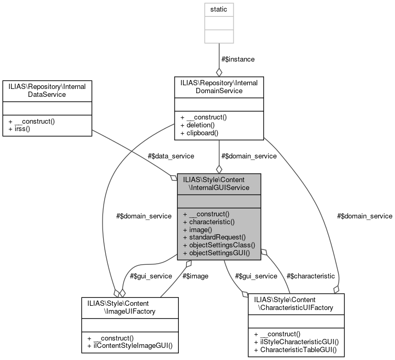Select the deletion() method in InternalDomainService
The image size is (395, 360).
(198, 125)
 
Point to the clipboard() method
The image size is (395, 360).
(200, 133)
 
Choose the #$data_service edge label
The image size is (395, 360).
(171, 156)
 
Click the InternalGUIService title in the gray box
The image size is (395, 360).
(218, 184)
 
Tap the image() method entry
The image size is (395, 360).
(197, 229)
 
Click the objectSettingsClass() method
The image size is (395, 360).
(218, 245)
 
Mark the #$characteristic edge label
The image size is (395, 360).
(310, 276)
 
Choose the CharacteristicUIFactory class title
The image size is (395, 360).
(296, 303)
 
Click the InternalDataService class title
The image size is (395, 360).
(47, 90)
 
